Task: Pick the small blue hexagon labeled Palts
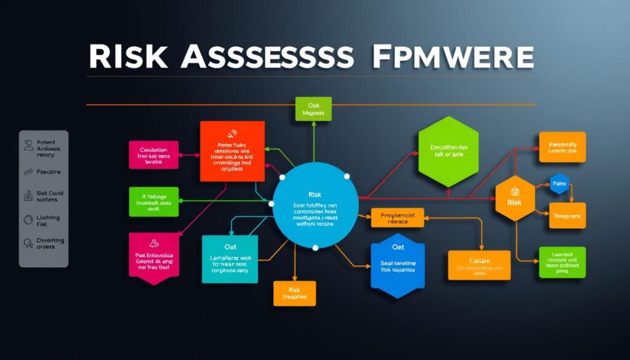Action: pos(559,183)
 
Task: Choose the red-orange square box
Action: pos(233,151)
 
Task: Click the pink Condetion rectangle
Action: pos(153,155)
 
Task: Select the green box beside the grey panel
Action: pos(153,201)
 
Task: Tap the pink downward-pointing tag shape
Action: pos(153,258)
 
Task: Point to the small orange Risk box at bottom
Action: pos(294,294)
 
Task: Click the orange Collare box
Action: pos(479,265)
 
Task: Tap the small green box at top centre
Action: pos(313,109)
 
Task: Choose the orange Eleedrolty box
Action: pos(562,147)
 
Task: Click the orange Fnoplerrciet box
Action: pos(398,218)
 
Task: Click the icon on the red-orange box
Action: pos(231,133)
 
